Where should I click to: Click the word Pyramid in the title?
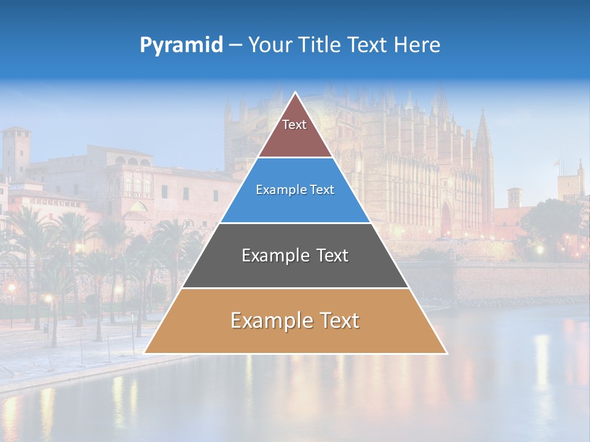pyautogui.click(x=181, y=45)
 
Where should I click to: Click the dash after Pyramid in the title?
pyautogui.click(x=235, y=45)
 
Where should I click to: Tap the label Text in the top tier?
pyautogui.click(x=294, y=125)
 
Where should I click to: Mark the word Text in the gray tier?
pyautogui.click(x=332, y=255)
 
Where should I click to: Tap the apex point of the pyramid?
pyautogui.click(x=296, y=93)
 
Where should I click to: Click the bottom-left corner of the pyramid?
pyautogui.click(x=145, y=353)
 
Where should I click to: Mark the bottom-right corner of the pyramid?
pyautogui.click(x=446, y=353)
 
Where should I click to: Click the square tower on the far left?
pyautogui.click(x=15, y=153)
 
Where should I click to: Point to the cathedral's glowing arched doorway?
pyautogui.click(x=446, y=220)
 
